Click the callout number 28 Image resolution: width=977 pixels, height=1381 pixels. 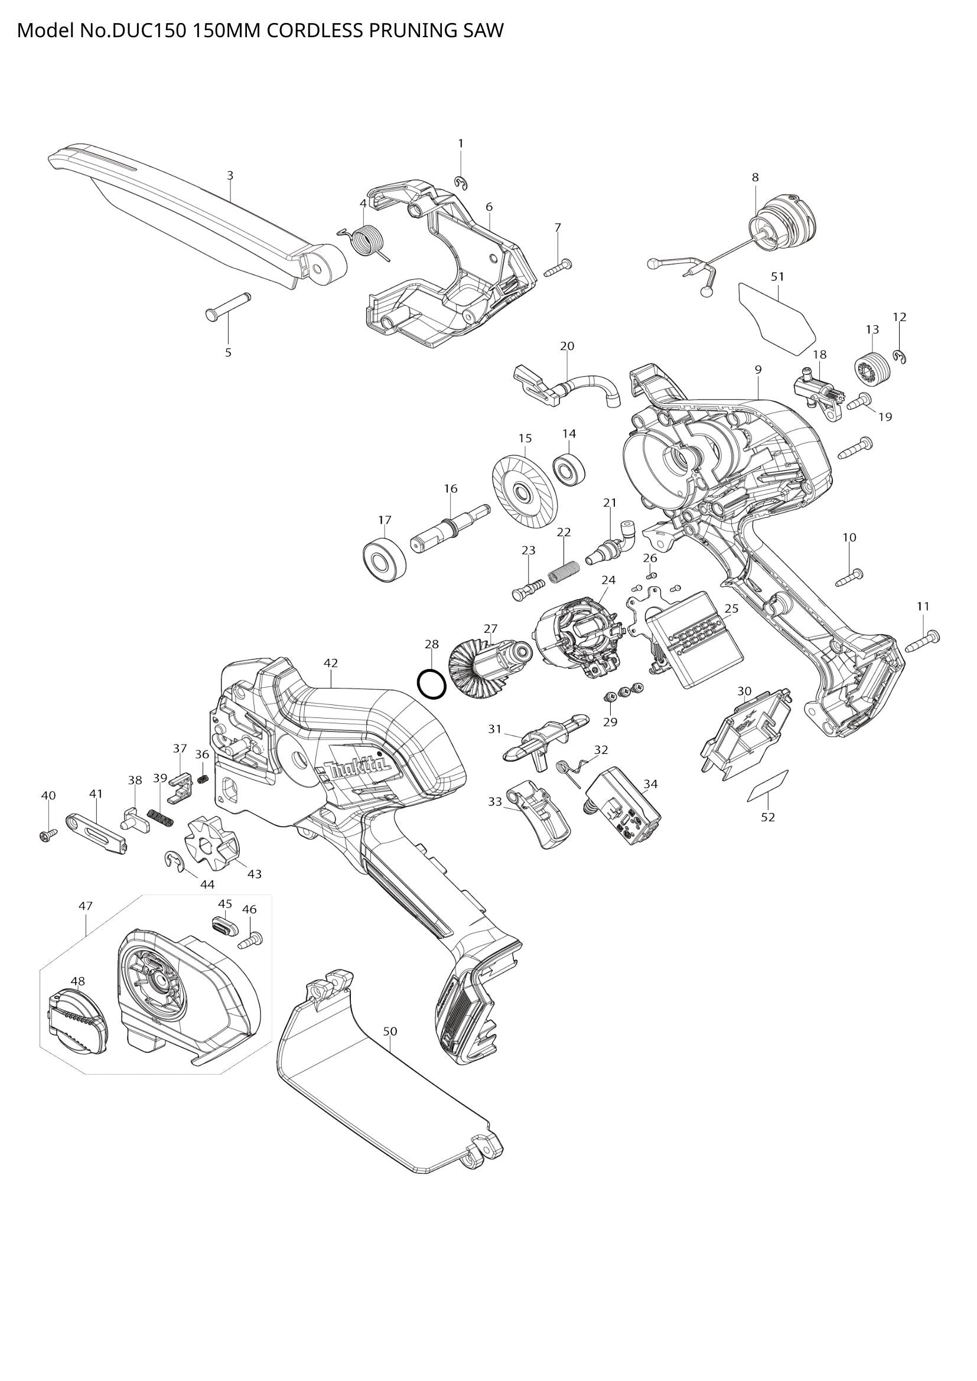pyautogui.click(x=431, y=644)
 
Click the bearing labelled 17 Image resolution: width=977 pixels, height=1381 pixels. pyautogui.click(x=385, y=559)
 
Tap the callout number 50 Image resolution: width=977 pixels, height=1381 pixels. pyautogui.click(x=390, y=1031)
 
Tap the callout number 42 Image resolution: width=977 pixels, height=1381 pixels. pyautogui.click(x=330, y=663)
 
